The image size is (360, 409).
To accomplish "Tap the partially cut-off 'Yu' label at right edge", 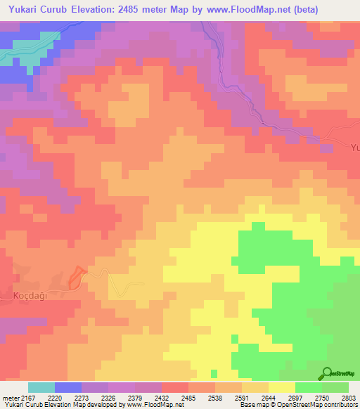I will (x=354, y=149).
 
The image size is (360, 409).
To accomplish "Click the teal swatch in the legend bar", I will (x=41, y=387).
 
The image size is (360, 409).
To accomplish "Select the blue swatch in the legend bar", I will (x=68, y=387).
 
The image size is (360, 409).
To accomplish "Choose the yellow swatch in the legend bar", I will (x=282, y=387).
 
